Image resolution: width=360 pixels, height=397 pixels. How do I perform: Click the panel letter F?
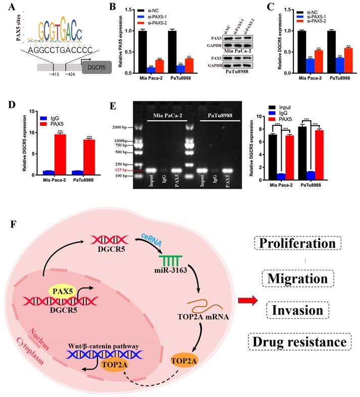[13, 223]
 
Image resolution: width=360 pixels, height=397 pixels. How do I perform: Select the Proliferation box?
[297, 243]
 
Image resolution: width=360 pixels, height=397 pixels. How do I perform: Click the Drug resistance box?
[298, 342]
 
